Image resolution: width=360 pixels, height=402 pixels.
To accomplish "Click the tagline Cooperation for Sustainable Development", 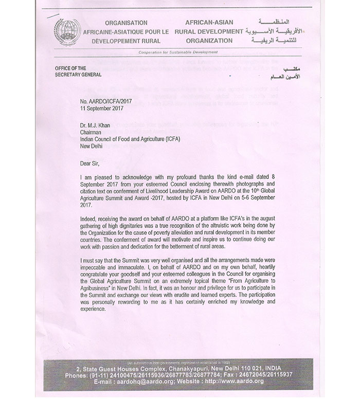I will coord(179,53).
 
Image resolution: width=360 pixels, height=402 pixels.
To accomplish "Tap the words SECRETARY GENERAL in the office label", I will coord(78,75).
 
